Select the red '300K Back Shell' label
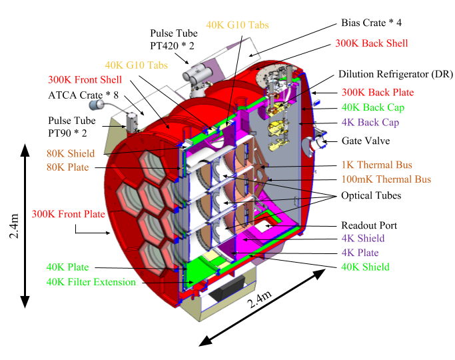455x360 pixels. (371, 43)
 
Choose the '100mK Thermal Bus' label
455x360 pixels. (386, 179)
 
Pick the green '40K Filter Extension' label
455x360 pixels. (91, 282)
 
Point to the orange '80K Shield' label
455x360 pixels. (71, 153)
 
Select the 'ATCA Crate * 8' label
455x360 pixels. (79, 95)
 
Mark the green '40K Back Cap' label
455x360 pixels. (374, 107)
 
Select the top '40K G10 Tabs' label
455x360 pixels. (238, 25)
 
